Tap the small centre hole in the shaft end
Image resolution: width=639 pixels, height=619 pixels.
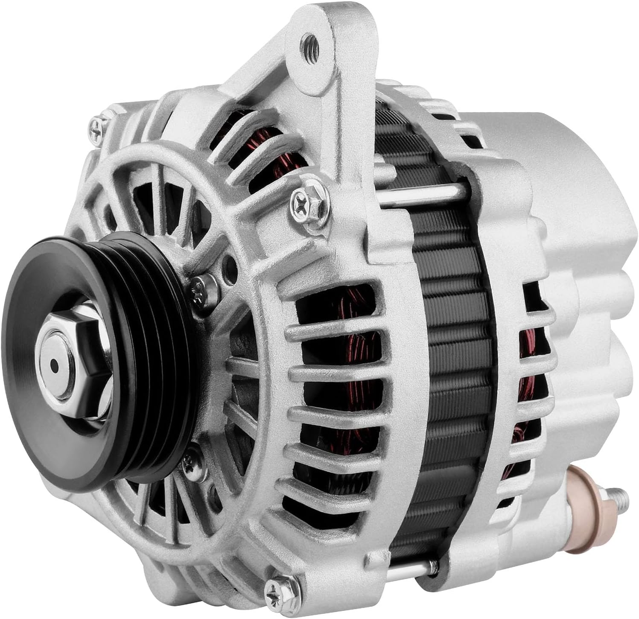[55, 365]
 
